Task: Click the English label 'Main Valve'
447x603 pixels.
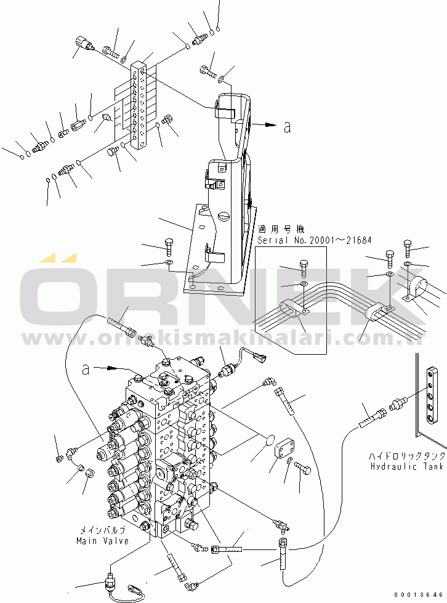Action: click(102, 540)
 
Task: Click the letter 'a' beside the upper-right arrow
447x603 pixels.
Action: click(287, 127)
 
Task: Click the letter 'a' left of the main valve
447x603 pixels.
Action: click(87, 369)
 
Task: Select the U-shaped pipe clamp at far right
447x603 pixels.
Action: click(421, 289)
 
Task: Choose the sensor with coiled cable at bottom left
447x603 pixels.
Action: click(123, 585)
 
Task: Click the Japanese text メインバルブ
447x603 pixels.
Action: click(102, 530)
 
